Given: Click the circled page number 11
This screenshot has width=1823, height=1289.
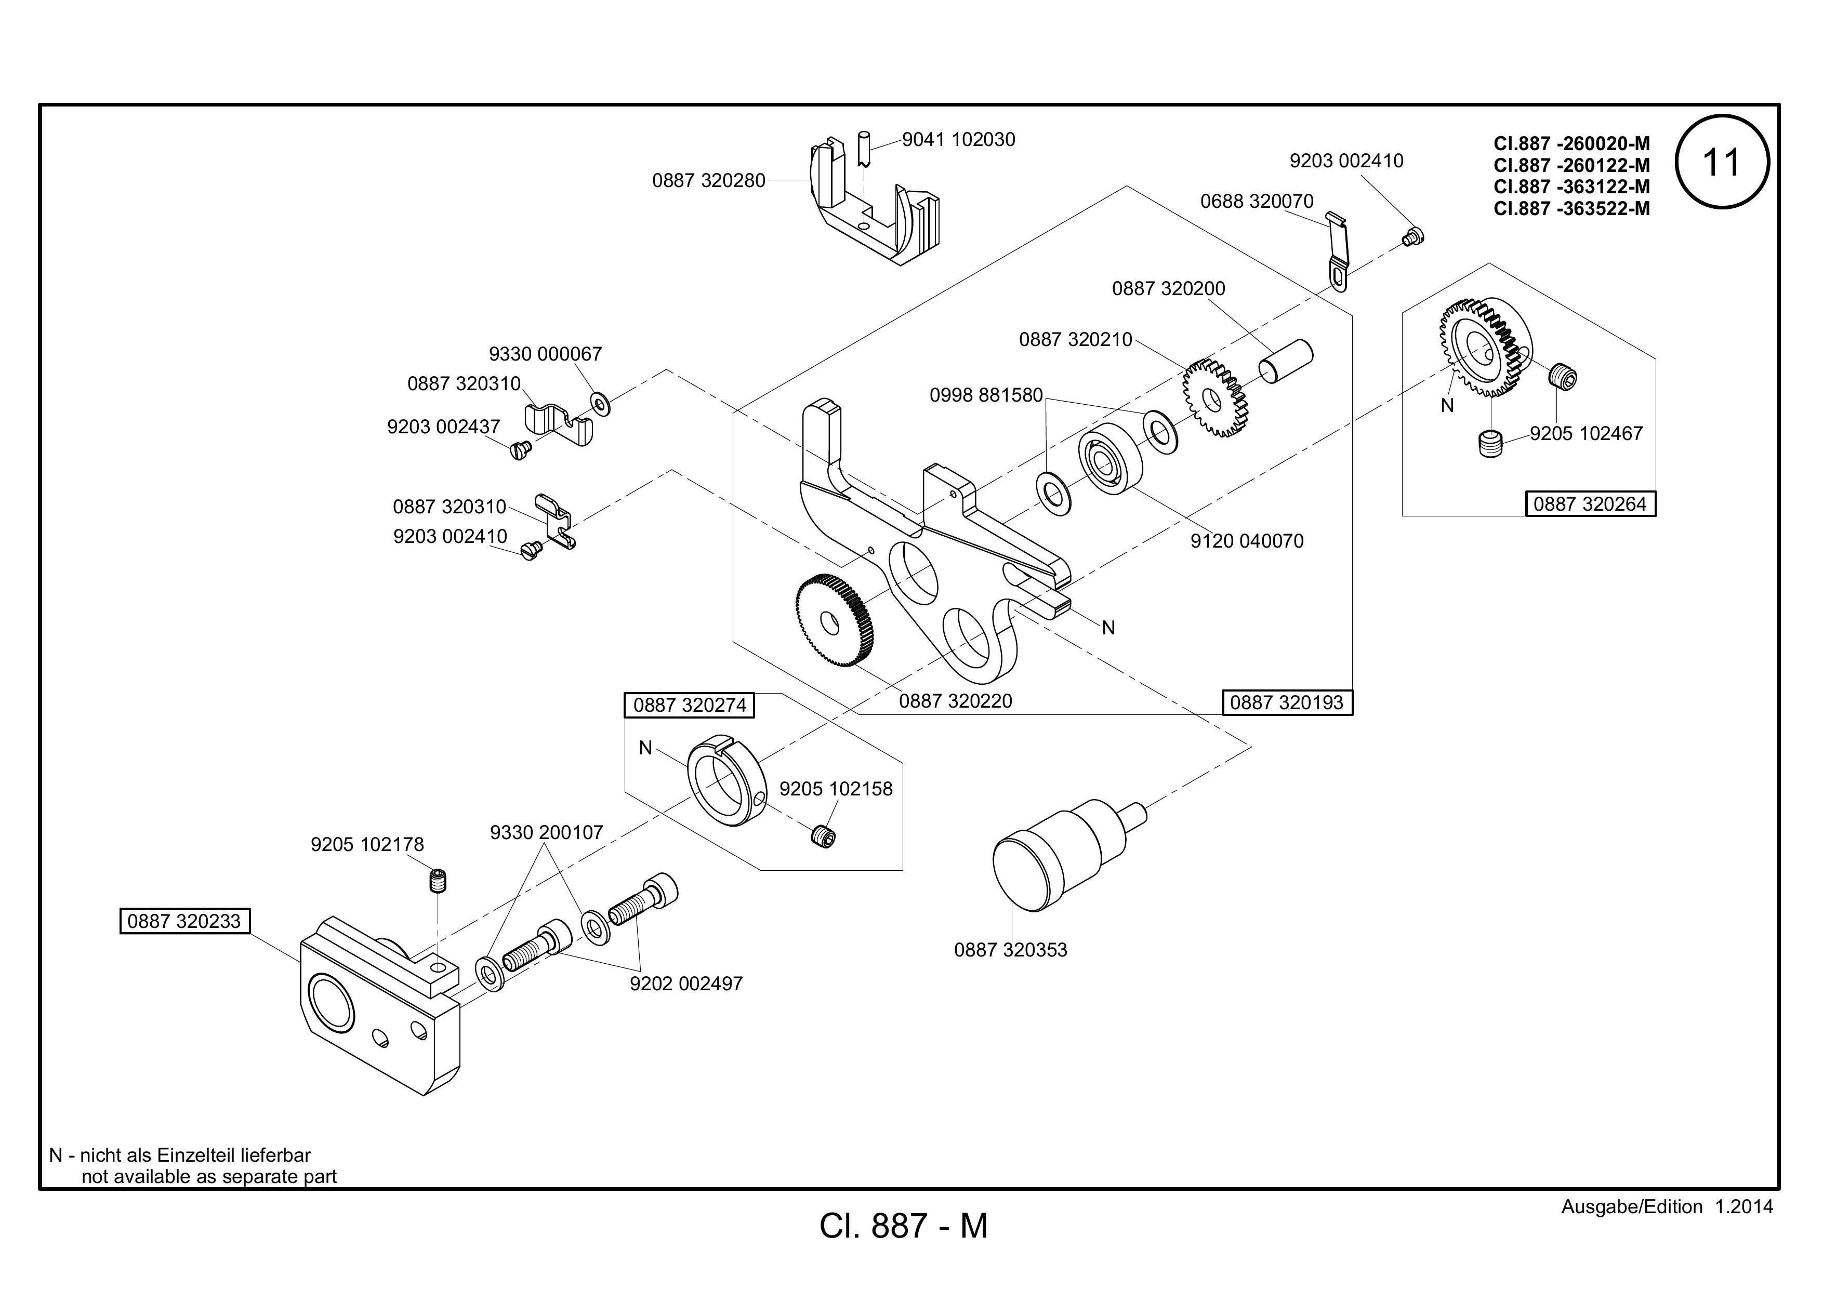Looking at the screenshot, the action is (x=1721, y=163).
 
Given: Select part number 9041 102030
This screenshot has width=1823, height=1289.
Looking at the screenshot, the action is (x=958, y=140).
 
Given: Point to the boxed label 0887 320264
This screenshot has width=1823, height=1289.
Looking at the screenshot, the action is (x=1590, y=504).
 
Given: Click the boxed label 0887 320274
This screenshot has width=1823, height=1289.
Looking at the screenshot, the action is (x=689, y=705).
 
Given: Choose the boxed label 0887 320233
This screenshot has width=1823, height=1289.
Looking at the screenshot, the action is (x=184, y=921).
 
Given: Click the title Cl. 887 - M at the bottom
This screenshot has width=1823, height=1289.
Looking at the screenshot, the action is (x=904, y=1226).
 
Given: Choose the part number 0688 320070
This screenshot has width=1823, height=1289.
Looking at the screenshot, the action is (x=1257, y=202).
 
